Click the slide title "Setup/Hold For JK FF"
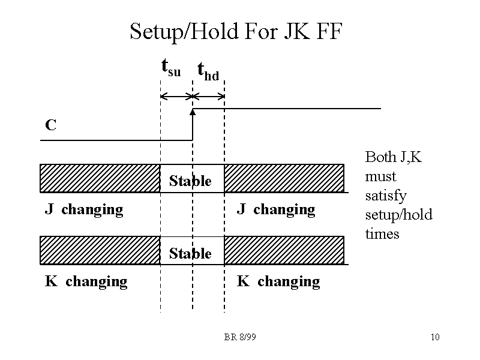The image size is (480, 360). click(x=236, y=31)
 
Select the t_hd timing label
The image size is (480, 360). click(x=208, y=71)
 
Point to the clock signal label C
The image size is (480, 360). click(x=51, y=125)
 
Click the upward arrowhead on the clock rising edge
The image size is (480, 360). click(x=193, y=112)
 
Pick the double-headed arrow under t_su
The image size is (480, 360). click(x=176, y=96)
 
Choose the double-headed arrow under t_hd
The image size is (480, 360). click(x=208, y=96)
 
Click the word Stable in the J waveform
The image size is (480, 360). click(x=190, y=181)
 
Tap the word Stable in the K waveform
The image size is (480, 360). click(x=190, y=253)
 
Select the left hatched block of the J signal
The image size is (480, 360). click(x=100, y=178)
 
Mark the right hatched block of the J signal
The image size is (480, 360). click(x=284, y=178)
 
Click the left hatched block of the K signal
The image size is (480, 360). click(x=100, y=250)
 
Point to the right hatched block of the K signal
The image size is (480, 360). click(x=284, y=250)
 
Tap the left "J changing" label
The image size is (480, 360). click(x=84, y=209)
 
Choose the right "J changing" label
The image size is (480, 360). click(x=276, y=209)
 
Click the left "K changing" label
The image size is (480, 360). click(x=86, y=281)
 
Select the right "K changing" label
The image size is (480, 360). click(x=278, y=281)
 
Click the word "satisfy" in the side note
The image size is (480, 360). click(x=386, y=196)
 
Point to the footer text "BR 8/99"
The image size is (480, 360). click(x=240, y=337)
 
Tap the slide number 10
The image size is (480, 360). click(x=435, y=337)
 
